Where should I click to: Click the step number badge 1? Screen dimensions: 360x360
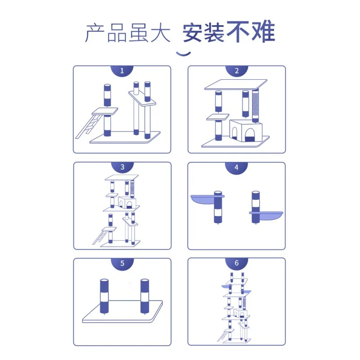pos(122,71)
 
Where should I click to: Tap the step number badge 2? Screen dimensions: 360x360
pos(237,71)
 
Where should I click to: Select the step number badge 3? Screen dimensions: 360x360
pos(122,167)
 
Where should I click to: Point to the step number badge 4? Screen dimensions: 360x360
pos(237,167)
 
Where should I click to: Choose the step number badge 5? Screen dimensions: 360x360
pos(122,263)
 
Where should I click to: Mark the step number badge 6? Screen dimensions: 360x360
pos(237,263)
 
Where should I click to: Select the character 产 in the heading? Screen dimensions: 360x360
pos(95,32)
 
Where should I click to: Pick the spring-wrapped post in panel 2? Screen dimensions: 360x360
pos(256,106)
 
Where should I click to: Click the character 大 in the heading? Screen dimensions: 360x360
pos(160,32)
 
